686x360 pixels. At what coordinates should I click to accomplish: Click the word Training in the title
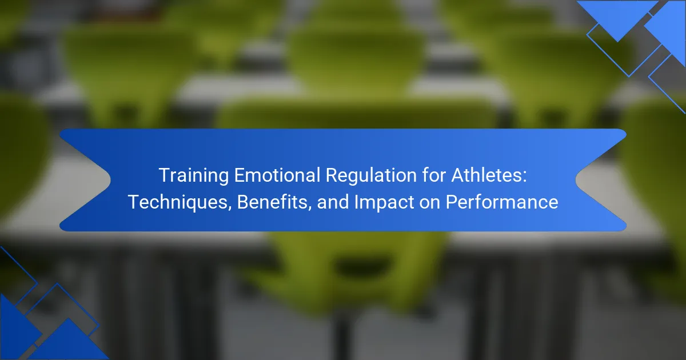point(194,176)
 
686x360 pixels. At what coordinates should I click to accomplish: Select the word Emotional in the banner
point(277,175)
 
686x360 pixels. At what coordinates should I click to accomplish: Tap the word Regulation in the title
point(371,176)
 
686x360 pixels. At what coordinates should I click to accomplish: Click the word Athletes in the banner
point(485,175)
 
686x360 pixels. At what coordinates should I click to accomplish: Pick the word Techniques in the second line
point(178,202)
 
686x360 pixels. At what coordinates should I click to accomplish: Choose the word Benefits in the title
point(272,202)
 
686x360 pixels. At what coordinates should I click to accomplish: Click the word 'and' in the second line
point(333,202)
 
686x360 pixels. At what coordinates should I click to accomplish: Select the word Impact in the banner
point(384,203)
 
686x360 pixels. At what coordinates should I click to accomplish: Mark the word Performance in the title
point(502,202)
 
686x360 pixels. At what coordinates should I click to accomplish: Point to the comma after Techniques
point(230,209)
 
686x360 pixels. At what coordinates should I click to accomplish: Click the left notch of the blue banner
point(110,180)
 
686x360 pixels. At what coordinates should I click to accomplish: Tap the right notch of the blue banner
point(576,180)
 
